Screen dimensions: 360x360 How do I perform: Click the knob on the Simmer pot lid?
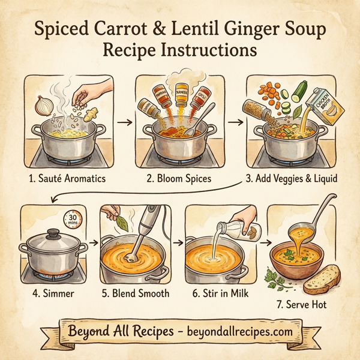pos(53,232)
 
